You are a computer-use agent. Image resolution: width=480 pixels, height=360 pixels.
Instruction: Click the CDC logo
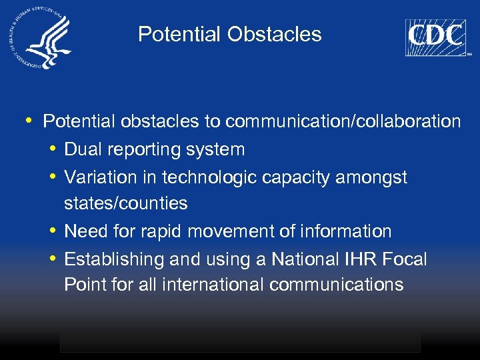pos(435,37)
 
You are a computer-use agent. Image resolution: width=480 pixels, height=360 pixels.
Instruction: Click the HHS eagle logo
pos(41,41)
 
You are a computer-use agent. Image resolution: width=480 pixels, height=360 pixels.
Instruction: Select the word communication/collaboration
pos(343,121)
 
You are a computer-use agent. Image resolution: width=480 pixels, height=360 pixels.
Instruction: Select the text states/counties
pos(126,203)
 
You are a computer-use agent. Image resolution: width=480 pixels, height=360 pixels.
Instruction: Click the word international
pos(213,285)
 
